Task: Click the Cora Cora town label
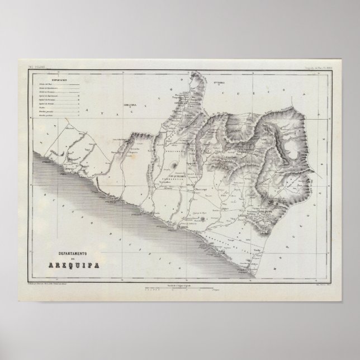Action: (130, 105)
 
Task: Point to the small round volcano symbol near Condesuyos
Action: (177, 167)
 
